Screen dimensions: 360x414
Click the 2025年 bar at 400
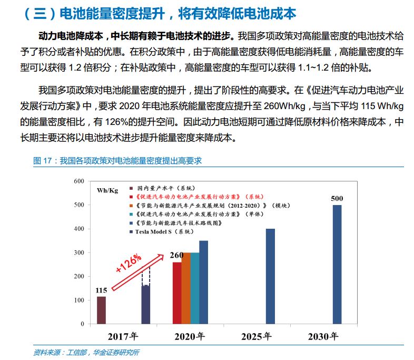pos(270,276)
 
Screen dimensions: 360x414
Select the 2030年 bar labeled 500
pos(337,264)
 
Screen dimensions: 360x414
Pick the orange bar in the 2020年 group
pos(186,288)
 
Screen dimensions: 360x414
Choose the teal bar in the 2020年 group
pos(195,288)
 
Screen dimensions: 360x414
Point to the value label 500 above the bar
pos(337,199)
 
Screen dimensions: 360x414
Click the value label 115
pos(101,290)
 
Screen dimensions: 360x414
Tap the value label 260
pos(176,256)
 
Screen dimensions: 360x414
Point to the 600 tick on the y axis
pos(78,181)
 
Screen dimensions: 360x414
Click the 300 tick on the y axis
pos(78,252)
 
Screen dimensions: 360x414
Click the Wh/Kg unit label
pos(107,190)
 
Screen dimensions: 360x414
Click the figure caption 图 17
pos(117,161)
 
